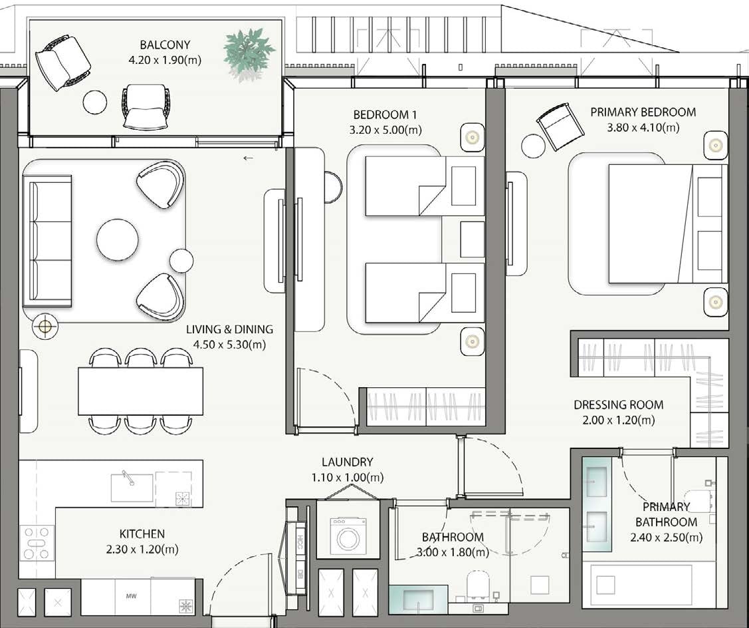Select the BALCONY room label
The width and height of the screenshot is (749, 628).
click(x=165, y=45)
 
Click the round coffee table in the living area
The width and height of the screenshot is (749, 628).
click(x=118, y=240)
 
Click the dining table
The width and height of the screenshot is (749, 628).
click(x=141, y=391)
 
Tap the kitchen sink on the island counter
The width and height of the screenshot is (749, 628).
click(x=132, y=487)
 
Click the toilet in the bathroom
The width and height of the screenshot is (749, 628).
click(x=478, y=585)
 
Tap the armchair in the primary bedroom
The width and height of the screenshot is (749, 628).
click(x=560, y=126)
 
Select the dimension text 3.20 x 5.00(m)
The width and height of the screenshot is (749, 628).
click(x=385, y=130)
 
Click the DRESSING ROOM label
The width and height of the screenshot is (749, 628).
click(x=618, y=404)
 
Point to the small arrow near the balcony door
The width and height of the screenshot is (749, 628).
click(x=248, y=158)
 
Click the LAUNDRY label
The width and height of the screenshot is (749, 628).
click(x=347, y=462)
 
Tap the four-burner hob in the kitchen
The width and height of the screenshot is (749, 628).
click(x=37, y=543)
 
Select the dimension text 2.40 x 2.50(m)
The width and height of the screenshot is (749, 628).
click(x=666, y=537)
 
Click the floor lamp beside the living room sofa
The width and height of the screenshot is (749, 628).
click(x=45, y=326)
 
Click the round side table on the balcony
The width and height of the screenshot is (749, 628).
click(x=95, y=102)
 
